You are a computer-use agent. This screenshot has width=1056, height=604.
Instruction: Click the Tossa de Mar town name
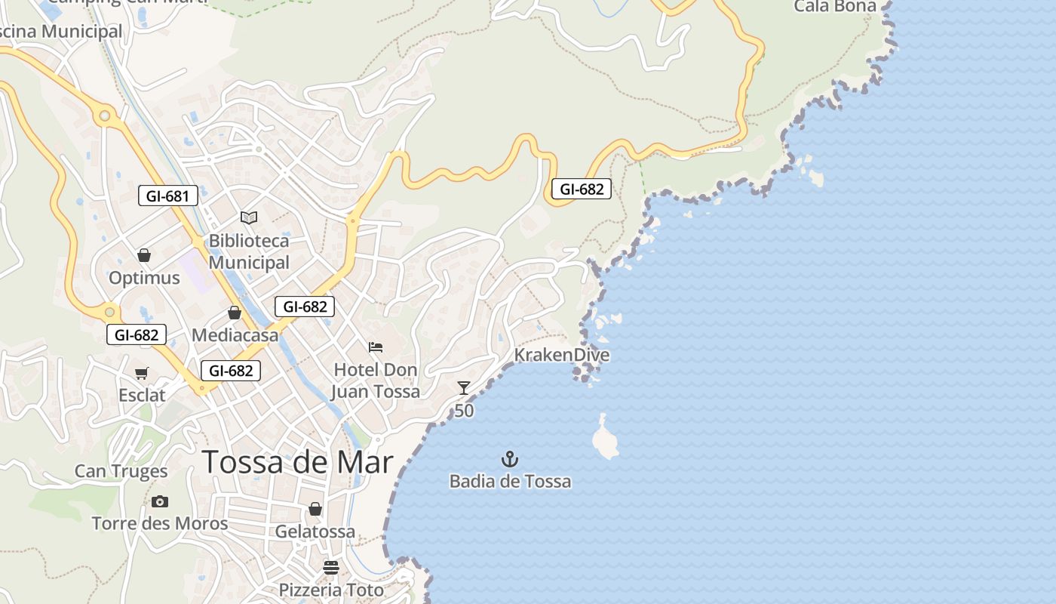(298, 462)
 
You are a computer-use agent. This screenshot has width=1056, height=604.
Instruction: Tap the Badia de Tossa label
(510, 481)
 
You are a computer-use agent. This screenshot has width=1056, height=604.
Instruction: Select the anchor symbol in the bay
(510, 458)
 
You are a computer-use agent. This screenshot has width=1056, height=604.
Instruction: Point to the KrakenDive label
(561, 355)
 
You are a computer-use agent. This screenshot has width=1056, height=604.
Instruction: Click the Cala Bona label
(835, 7)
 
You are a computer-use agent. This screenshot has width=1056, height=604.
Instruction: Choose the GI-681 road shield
(168, 196)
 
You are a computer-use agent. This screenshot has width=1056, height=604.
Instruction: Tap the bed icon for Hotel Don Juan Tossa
(376, 347)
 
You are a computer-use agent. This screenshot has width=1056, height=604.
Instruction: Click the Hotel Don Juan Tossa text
(376, 381)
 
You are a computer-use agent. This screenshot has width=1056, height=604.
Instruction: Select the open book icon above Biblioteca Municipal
(249, 217)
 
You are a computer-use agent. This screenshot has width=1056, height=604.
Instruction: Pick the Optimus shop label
(144, 278)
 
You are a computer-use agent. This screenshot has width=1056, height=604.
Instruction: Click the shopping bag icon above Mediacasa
(235, 313)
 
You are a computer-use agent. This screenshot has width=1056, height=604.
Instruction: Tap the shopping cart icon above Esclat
(141, 373)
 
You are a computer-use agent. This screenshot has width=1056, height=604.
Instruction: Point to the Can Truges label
(121, 472)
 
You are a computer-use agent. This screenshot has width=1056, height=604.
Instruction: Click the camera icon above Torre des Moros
(159, 501)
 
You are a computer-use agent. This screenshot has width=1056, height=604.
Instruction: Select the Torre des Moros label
(159, 523)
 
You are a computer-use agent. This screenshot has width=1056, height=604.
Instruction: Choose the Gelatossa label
(315, 532)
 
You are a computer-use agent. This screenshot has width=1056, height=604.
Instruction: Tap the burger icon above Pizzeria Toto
(331, 567)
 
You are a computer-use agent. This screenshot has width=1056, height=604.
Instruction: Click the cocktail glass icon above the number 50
(464, 388)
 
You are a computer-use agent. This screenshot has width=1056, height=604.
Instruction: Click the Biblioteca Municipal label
(249, 251)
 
